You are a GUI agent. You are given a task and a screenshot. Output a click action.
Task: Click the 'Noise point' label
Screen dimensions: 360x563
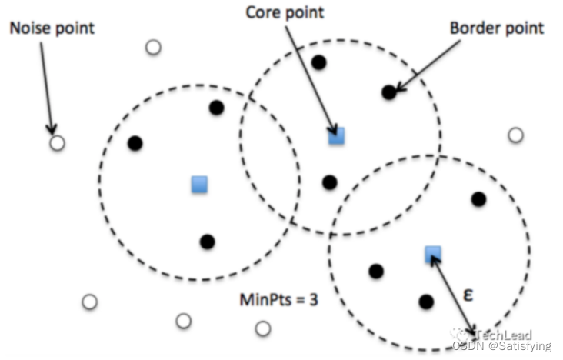tap(52, 28)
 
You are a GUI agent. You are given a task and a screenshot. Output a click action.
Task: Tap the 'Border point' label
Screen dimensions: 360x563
tap(497, 28)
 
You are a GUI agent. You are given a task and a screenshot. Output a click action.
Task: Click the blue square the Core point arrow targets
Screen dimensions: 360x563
tap(336, 137)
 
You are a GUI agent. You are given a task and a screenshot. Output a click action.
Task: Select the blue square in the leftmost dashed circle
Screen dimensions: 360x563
tap(199, 184)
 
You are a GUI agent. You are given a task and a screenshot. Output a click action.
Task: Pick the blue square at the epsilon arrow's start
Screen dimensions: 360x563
tap(432, 254)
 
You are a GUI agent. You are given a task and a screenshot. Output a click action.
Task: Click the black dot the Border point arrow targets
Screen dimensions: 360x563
tap(389, 92)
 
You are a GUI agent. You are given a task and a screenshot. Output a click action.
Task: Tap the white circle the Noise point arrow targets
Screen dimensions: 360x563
tap(57, 142)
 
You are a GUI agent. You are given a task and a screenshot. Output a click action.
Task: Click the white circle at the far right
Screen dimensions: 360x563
tap(515, 135)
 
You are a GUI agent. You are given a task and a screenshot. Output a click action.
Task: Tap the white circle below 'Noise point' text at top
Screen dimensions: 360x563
tap(153, 48)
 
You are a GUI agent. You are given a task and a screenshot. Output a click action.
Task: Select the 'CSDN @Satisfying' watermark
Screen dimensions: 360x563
tap(501, 347)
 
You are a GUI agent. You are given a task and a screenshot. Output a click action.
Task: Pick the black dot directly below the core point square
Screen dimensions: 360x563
tap(330, 182)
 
